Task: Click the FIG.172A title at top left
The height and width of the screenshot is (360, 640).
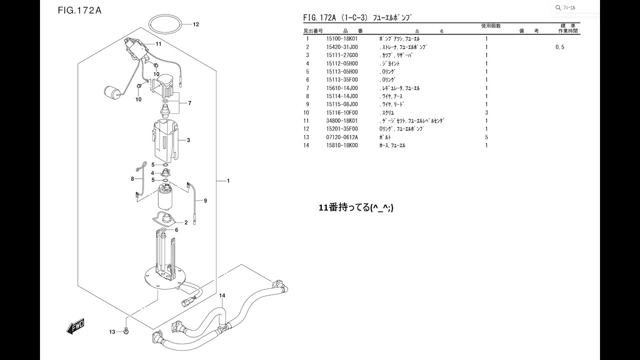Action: point(79,10)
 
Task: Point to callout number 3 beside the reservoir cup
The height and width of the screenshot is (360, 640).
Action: point(188,140)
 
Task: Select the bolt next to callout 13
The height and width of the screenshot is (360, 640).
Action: point(126,330)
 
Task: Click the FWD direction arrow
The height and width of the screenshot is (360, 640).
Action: point(75,325)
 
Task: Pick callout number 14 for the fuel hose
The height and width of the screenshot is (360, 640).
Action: point(222,295)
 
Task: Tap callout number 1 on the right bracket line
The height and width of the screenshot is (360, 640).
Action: point(228,180)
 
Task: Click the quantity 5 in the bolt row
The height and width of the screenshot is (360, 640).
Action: point(486,137)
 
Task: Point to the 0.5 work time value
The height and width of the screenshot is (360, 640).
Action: point(560,47)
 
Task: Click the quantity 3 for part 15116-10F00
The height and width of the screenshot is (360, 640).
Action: point(486,113)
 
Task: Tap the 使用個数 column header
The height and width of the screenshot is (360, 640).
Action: point(490,25)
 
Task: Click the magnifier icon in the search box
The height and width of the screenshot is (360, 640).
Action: point(558,7)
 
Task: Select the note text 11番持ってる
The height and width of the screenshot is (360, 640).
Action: point(355,207)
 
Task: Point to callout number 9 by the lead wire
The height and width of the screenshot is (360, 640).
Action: point(205,200)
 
